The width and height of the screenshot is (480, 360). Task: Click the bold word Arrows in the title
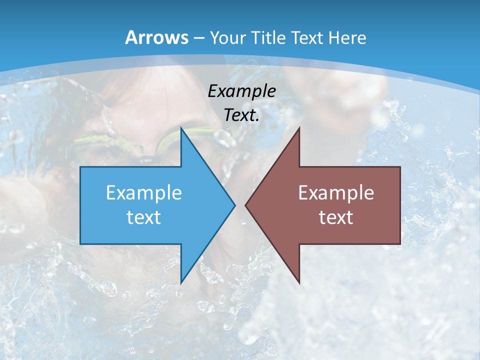tap(157, 37)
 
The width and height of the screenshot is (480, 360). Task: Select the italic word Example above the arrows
tap(242, 91)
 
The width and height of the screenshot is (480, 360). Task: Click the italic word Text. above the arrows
tap(242, 115)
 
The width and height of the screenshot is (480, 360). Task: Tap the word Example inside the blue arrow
tap(144, 192)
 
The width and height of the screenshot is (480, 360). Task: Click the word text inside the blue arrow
tap(144, 217)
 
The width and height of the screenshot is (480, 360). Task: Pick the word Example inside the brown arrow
tap(336, 192)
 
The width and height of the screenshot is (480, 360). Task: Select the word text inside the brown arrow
tap(336, 217)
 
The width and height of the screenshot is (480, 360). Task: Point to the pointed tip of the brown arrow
tap(246, 205)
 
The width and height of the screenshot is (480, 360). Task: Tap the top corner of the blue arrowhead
tap(181, 128)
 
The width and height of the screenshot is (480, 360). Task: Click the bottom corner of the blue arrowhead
tap(181, 282)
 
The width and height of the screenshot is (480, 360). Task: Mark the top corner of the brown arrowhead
tap(299, 128)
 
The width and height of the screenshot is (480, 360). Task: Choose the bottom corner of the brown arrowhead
tap(299, 282)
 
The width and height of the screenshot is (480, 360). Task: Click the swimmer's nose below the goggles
tap(145, 158)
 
